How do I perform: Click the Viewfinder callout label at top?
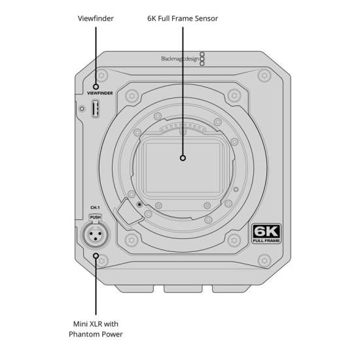pos(96,18)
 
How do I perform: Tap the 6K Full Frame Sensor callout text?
pos(183,18)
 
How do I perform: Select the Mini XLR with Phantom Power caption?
pos(96,329)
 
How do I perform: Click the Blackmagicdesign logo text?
pos(180,59)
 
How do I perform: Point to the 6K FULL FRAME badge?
pos(266,234)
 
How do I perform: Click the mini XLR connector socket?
pos(96,235)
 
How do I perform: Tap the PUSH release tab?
pos(96,217)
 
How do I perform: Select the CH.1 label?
pos(95,207)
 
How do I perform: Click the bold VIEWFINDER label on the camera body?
pos(100,93)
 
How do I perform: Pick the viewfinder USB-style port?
pos(96,109)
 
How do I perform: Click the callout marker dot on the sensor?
pos(183,158)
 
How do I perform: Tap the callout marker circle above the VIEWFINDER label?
pos(96,87)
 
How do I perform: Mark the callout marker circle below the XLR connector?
pos(96,256)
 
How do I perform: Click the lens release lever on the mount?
pos(129,212)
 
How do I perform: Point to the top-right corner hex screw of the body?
pos(264,75)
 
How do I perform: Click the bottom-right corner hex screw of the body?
pos(264,261)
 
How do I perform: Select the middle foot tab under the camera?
pos(183,289)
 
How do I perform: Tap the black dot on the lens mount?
pos(139,204)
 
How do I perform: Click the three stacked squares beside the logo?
pos(202,59)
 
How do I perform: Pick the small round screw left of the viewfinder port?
pos(82,109)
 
